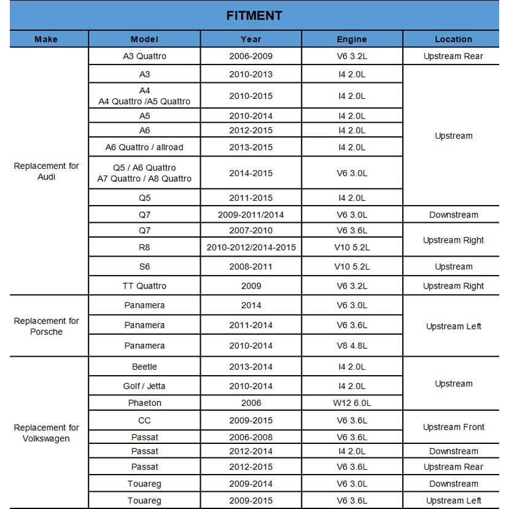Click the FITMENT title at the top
point(254,15)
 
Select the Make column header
point(46,39)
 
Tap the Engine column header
point(352,39)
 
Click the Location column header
point(453,39)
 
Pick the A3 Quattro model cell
point(144,56)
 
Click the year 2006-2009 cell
point(251,56)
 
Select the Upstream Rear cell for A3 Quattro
point(453,56)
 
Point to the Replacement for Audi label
point(46,171)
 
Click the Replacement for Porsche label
point(46,326)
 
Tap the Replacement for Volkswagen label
point(46,433)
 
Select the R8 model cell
point(144,247)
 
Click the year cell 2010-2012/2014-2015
point(251,247)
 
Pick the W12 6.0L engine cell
point(352,403)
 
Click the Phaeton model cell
point(144,403)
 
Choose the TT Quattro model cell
point(144,286)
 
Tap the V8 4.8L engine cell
point(352,346)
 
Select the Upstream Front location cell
point(453,427)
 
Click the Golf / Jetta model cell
point(144,386)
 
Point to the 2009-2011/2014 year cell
point(251,215)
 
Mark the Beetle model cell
point(144,367)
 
